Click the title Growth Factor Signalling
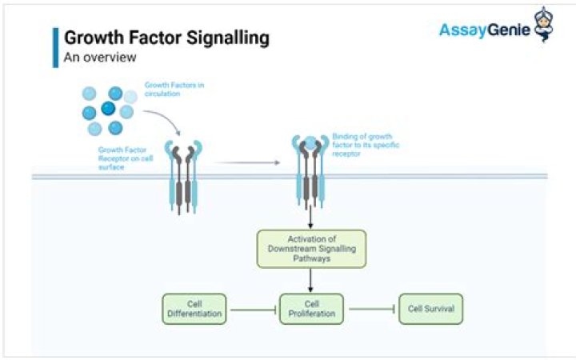coord(166,38)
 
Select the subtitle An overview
coord(100,58)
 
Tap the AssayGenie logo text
coord(483,30)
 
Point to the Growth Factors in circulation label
coord(173,88)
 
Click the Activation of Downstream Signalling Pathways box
coord(311,249)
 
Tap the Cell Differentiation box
coord(194,308)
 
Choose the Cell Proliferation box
coord(311,308)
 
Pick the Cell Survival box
coord(431,308)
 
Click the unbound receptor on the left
coord(183,176)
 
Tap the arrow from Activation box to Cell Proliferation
coord(311,279)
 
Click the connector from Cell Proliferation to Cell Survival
coord(371,308)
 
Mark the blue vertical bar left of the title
coord(55,46)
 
